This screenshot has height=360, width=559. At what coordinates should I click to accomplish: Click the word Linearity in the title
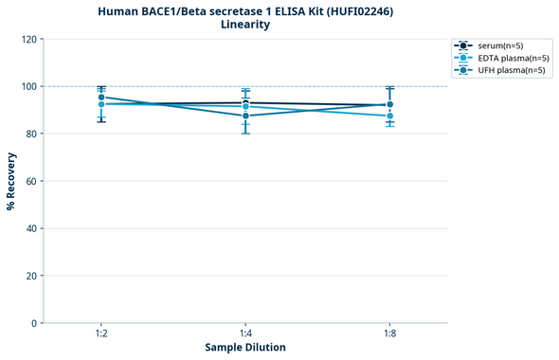click(x=245, y=25)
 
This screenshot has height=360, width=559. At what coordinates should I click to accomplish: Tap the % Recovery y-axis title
click(x=11, y=180)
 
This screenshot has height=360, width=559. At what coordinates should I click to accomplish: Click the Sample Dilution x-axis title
click(x=245, y=348)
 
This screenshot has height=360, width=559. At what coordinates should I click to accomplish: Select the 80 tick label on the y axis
click(x=30, y=134)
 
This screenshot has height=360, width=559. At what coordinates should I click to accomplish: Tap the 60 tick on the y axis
click(x=30, y=181)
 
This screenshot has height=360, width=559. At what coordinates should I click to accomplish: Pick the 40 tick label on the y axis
click(x=30, y=228)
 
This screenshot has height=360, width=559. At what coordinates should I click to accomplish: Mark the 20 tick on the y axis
click(x=30, y=276)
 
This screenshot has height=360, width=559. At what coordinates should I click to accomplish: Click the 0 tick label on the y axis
click(x=33, y=323)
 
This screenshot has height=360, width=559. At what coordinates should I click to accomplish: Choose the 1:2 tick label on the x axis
click(x=101, y=333)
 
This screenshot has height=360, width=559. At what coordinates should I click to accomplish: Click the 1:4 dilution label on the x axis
click(x=245, y=333)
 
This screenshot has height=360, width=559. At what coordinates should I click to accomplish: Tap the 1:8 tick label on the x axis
click(x=389, y=333)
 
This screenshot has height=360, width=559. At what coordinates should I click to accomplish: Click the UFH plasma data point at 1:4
click(x=245, y=116)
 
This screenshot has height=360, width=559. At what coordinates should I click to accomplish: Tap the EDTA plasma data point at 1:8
click(x=389, y=116)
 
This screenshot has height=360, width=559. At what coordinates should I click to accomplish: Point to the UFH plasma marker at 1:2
click(x=101, y=97)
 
